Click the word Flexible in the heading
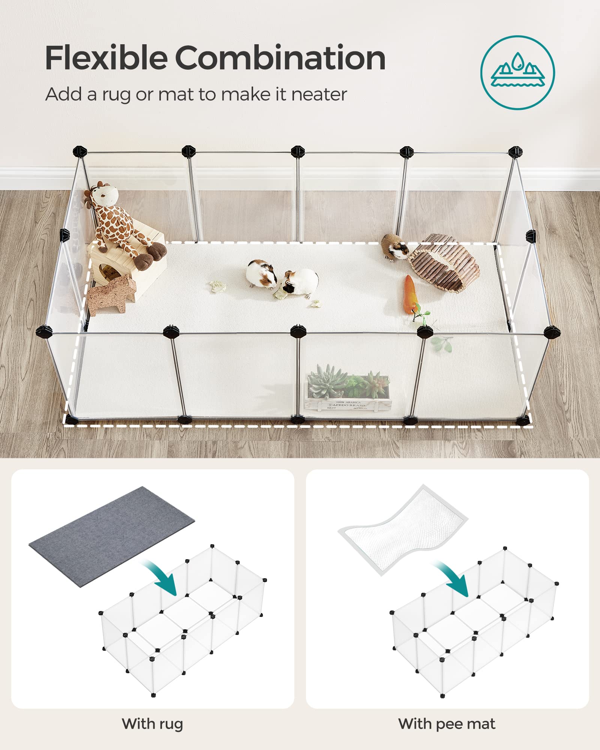click(x=106, y=58)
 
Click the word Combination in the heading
click(x=280, y=58)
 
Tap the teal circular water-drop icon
click(x=517, y=72)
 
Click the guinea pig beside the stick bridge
click(x=394, y=246)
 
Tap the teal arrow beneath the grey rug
click(x=161, y=577)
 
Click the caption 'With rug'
click(x=152, y=724)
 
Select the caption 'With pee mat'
click(x=447, y=724)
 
